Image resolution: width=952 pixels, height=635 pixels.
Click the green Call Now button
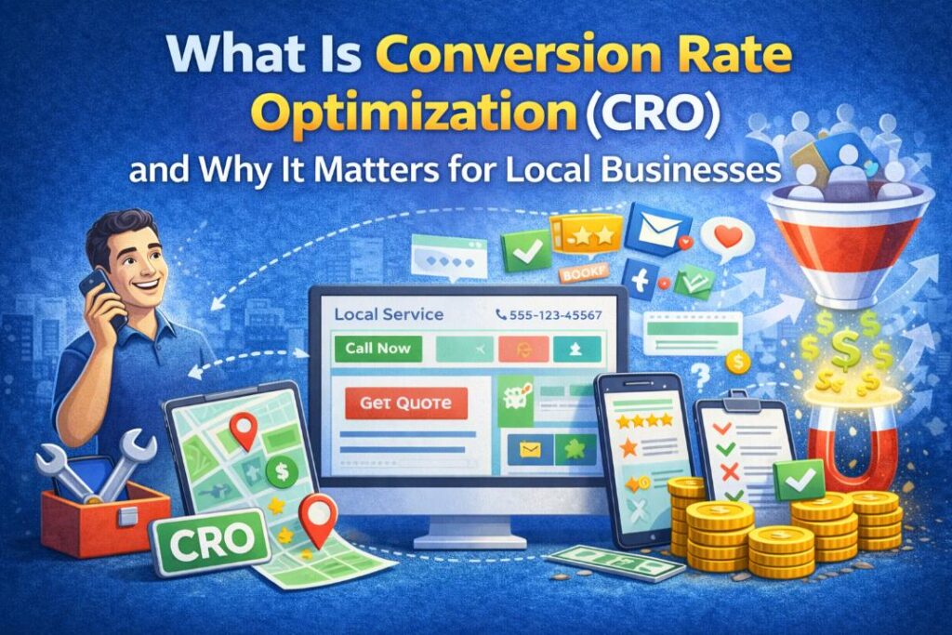pos(377,349)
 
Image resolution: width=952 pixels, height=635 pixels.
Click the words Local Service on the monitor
pos(389,315)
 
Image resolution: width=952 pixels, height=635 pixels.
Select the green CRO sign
pos(203,537)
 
